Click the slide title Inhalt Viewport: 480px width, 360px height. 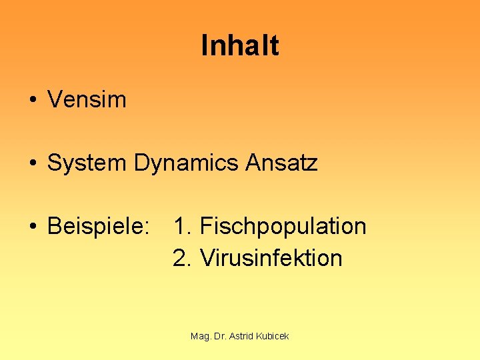point(239,46)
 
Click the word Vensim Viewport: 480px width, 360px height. point(87,100)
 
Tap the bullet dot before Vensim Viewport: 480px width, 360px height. point(32,101)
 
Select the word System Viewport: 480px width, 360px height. point(87,163)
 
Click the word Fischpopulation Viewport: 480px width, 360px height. point(283,227)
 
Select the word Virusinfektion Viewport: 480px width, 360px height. point(271,258)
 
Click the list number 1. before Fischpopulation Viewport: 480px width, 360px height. point(182,227)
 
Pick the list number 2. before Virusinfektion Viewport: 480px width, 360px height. point(182,258)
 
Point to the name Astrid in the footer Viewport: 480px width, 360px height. point(242,337)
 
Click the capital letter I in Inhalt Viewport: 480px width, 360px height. point(204,46)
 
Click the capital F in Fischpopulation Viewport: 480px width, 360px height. point(205,227)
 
